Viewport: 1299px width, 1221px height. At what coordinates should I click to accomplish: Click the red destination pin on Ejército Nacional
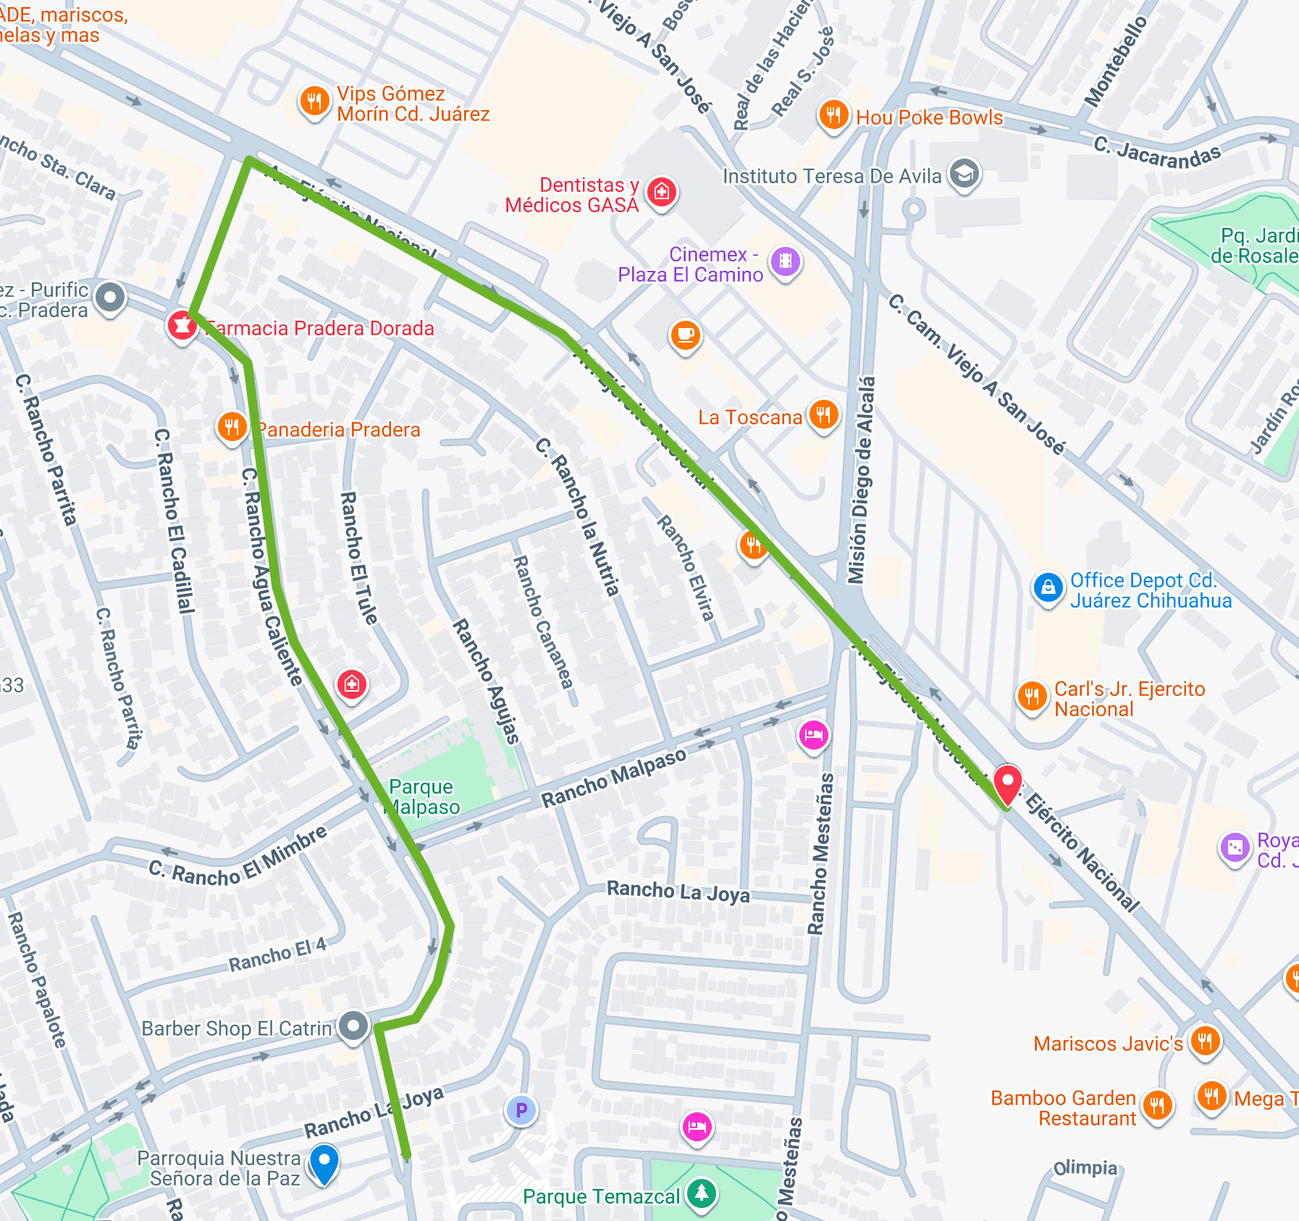1007,784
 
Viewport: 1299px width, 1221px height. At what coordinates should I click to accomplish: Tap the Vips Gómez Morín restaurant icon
314,102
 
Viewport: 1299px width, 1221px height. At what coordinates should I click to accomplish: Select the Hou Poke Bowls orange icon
833,115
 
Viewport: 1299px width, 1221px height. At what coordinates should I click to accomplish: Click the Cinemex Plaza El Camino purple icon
786,261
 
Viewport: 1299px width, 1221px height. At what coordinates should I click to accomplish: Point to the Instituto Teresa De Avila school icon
964,174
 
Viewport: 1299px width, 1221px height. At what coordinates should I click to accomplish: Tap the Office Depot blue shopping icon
1048,588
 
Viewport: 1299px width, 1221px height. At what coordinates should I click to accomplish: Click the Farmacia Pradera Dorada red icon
182,326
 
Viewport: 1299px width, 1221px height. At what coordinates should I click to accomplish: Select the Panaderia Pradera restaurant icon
232,427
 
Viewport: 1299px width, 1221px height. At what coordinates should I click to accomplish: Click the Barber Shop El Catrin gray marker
353,1026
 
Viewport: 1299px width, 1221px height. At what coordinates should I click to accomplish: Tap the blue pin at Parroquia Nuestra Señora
324,1161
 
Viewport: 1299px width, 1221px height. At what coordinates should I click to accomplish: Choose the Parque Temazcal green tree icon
701,1193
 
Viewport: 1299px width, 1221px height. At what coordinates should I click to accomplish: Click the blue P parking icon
521,1110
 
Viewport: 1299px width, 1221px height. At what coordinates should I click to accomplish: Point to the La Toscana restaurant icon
823,415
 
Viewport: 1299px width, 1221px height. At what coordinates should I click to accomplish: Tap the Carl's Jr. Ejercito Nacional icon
1032,697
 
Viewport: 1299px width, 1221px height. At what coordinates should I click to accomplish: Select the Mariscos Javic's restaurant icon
1205,1041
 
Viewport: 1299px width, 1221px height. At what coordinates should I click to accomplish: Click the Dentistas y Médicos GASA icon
661,193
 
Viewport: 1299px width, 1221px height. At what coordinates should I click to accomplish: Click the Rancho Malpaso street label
614,777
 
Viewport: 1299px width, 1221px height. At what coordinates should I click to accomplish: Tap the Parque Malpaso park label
424,797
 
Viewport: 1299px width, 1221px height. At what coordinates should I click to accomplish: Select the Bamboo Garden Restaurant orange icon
1157,1106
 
